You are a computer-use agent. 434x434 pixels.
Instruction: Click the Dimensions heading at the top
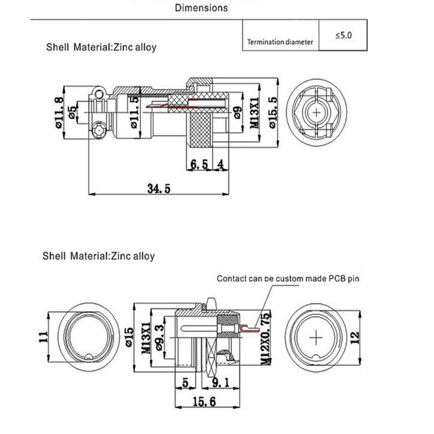(x=201, y=7)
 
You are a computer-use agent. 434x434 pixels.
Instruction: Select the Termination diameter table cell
(x=280, y=42)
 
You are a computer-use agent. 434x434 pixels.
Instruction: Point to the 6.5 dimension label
(x=199, y=164)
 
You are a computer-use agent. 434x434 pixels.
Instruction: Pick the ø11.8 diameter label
(x=59, y=112)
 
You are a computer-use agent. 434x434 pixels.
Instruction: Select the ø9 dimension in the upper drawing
(x=237, y=112)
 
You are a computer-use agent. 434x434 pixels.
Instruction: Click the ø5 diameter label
(x=72, y=111)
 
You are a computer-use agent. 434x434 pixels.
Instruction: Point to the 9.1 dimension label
(x=220, y=383)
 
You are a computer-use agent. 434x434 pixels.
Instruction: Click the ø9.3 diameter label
(x=159, y=338)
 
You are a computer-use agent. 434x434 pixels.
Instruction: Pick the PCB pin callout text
(x=288, y=278)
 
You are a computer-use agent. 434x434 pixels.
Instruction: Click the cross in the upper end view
(x=317, y=112)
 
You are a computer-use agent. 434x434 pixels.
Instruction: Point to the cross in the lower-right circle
(x=316, y=338)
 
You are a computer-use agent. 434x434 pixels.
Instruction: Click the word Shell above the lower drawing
(x=54, y=256)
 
